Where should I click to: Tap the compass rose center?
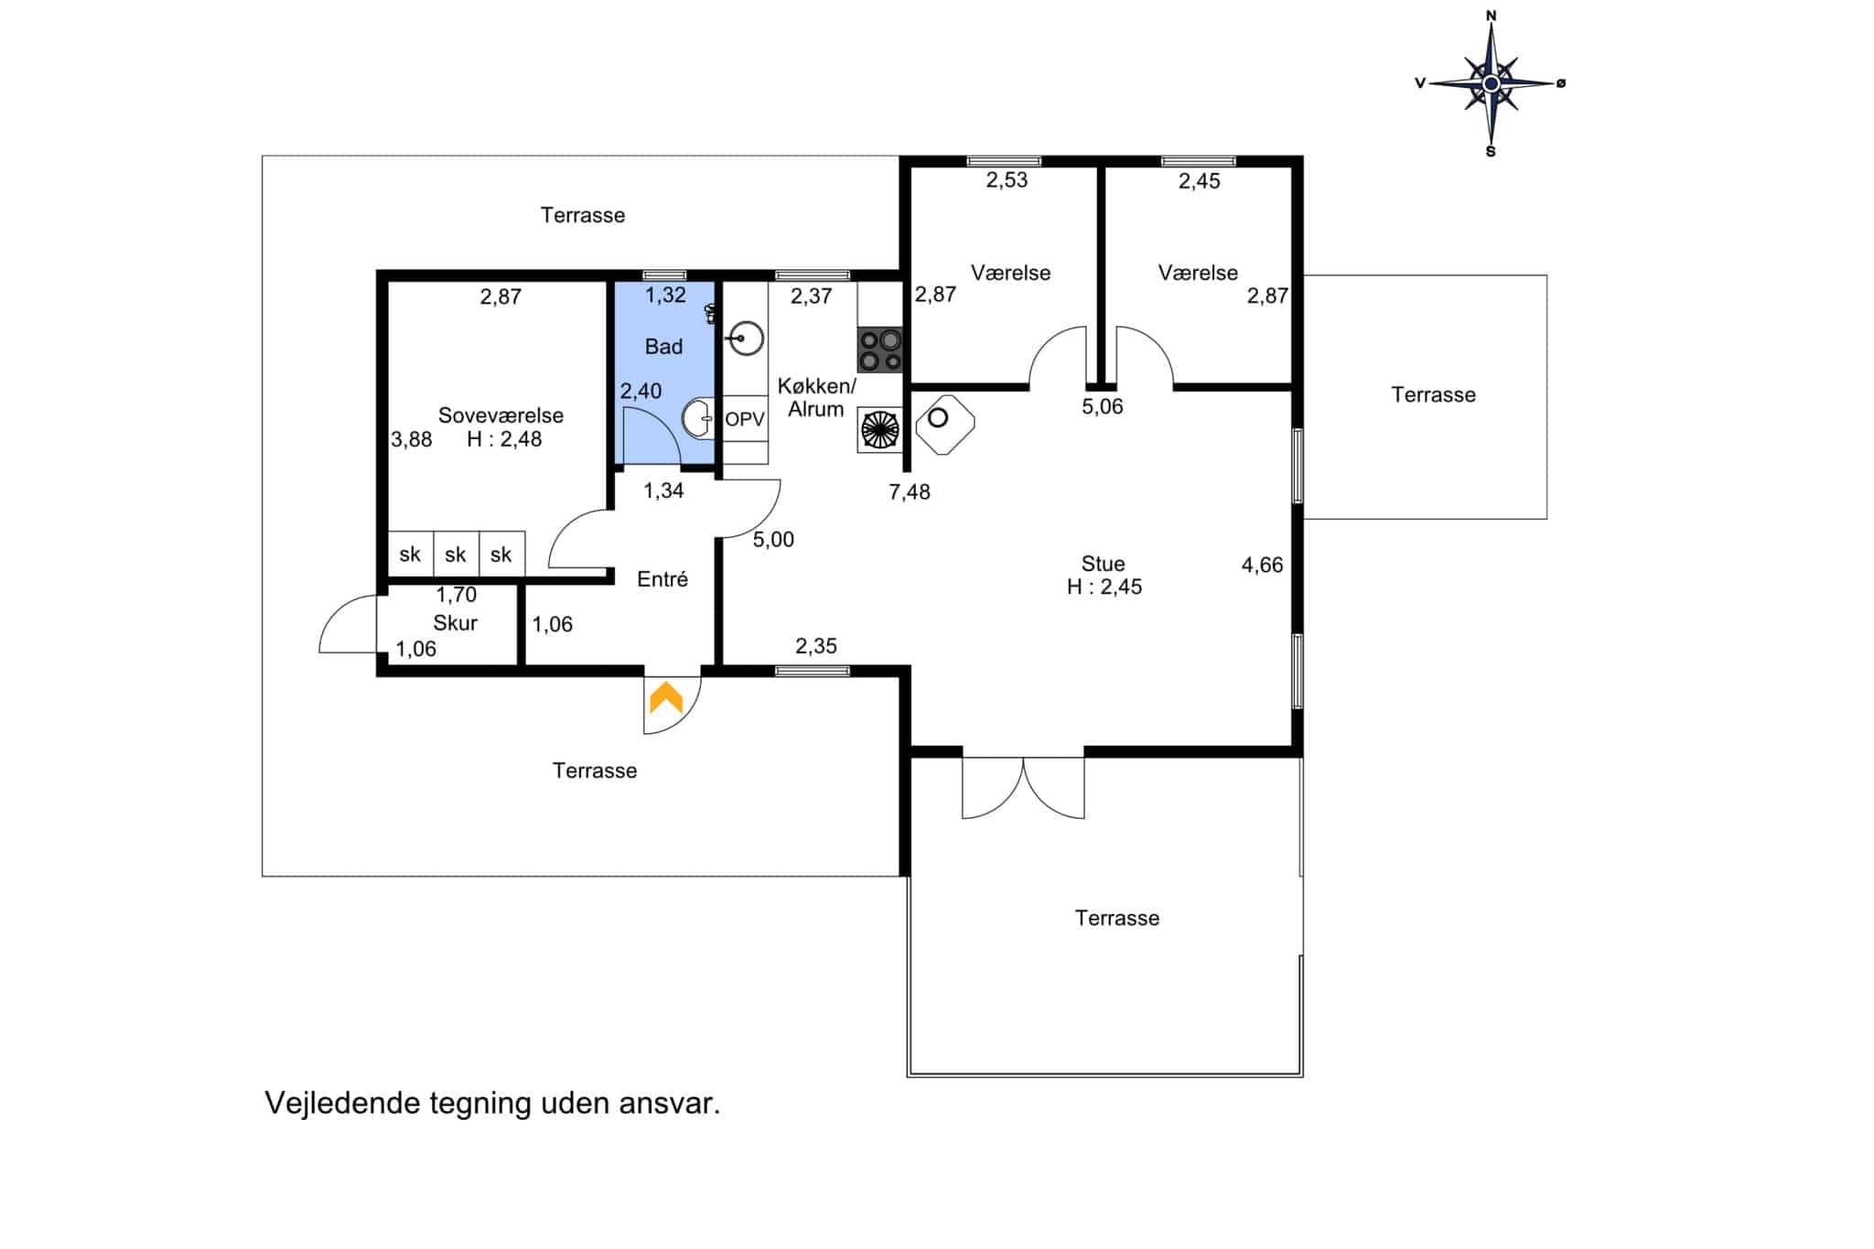click(x=1491, y=83)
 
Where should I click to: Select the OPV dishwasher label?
click(x=745, y=419)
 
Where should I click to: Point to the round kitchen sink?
click(x=747, y=339)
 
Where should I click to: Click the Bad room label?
click(x=663, y=347)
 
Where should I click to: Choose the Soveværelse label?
click(x=501, y=415)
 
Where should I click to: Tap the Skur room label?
click(x=455, y=623)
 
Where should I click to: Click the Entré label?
click(x=662, y=579)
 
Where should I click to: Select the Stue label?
click(x=1103, y=564)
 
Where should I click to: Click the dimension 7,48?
click(x=910, y=492)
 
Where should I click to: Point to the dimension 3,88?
click(x=412, y=440)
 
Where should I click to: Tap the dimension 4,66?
click(x=1262, y=565)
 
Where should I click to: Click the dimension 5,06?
click(x=1103, y=407)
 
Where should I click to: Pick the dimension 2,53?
click(x=1007, y=180)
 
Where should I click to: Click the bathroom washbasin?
click(x=698, y=418)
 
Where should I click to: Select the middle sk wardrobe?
click(x=456, y=554)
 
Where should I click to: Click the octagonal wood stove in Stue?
click(x=944, y=424)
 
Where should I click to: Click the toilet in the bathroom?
click(x=709, y=314)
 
